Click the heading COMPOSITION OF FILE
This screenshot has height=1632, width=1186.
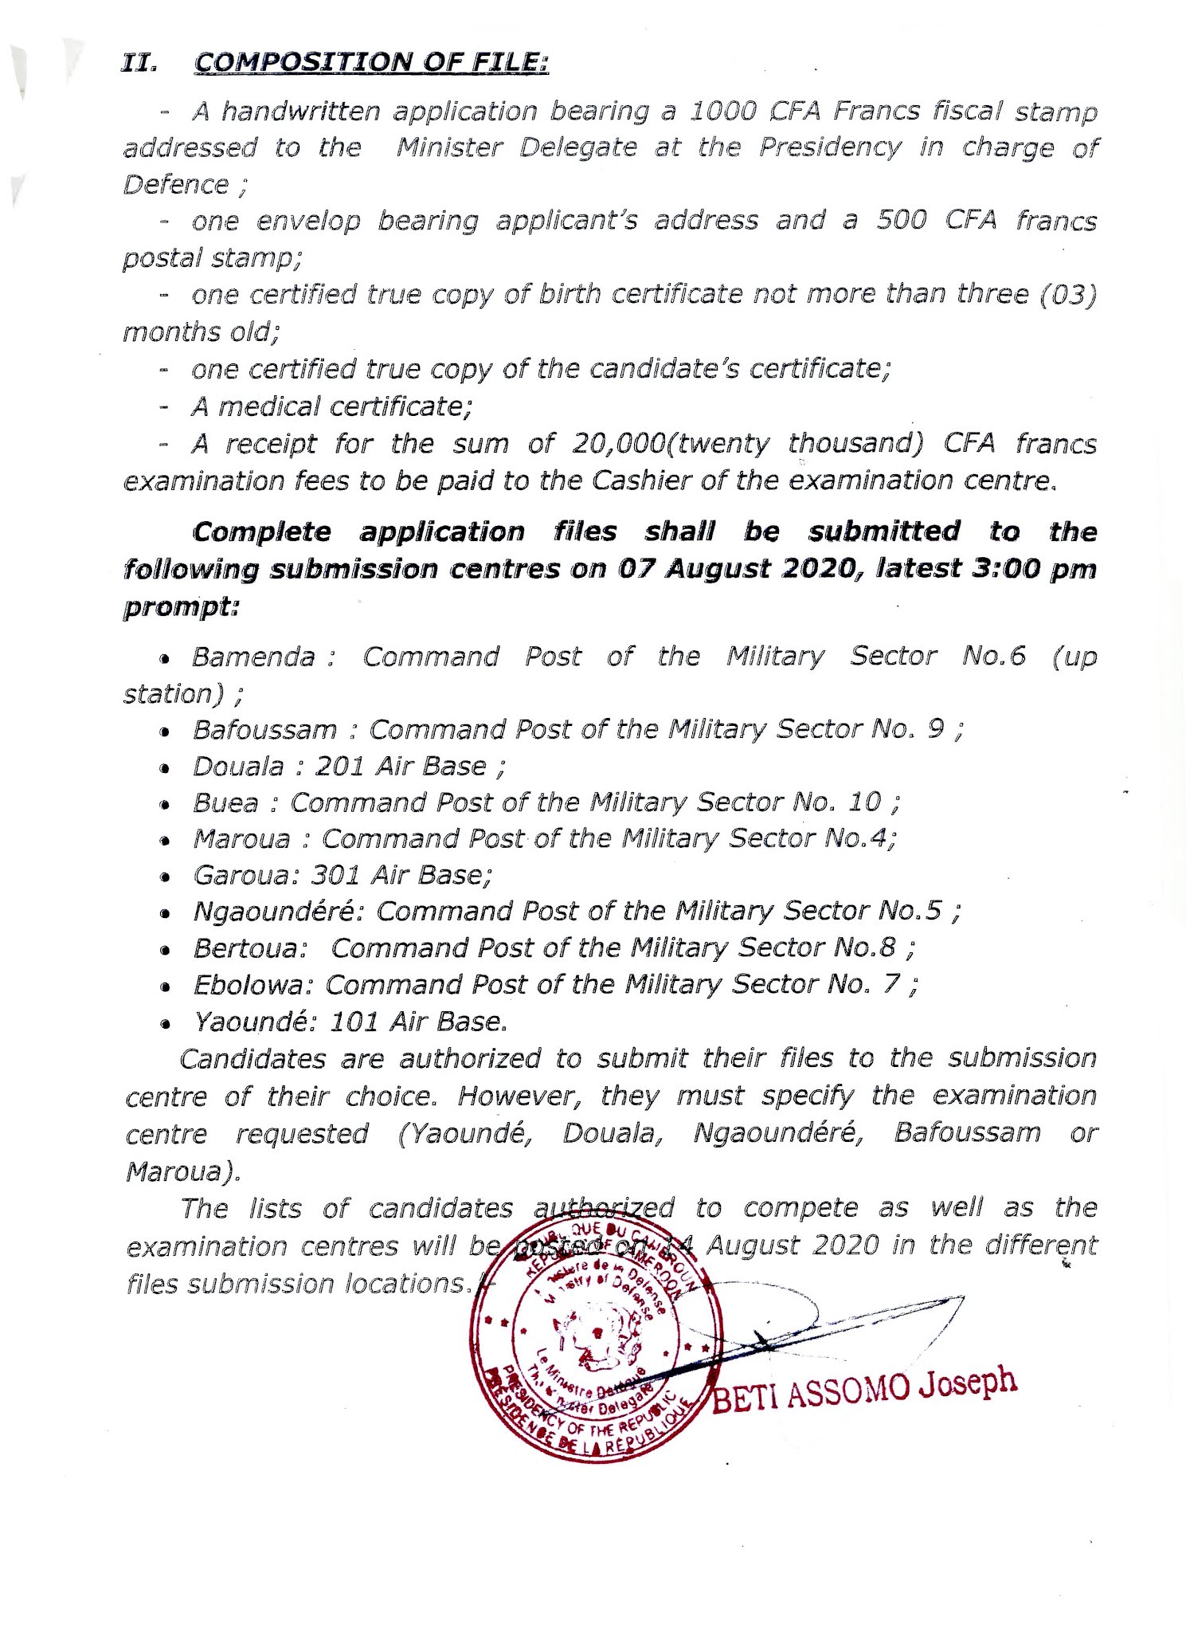point(371,63)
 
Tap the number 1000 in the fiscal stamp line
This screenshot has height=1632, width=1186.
point(722,111)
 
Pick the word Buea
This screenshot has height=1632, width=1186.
point(225,803)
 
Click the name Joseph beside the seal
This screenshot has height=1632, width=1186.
point(968,1383)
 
